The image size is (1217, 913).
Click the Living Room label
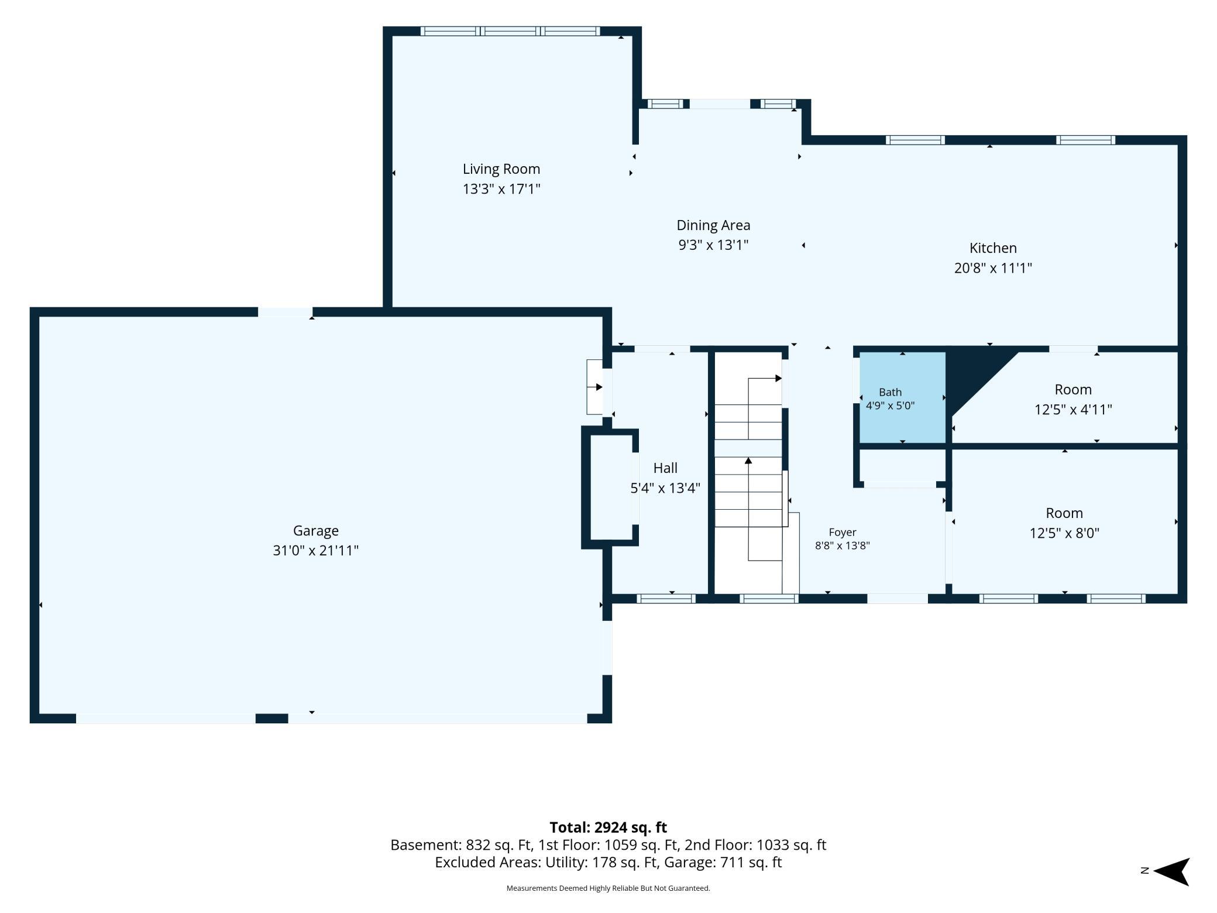[x=501, y=169]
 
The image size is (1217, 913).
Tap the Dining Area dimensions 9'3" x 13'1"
[x=713, y=245]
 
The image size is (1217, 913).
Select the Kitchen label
[x=993, y=248]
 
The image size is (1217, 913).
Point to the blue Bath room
[x=902, y=397]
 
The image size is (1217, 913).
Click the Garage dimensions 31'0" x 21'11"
[x=315, y=550]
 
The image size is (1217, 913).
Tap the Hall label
[x=665, y=468]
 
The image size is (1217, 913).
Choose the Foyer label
[x=843, y=532]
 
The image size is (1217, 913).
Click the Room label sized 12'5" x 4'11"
[x=1073, y=390]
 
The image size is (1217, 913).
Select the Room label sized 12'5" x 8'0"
[x=1064, y=513]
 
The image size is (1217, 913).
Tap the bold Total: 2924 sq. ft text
[x=608, y=827]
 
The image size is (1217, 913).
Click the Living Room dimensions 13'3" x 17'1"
[x=501, y=189]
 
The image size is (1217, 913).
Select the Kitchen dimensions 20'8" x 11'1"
[x=993, y=268]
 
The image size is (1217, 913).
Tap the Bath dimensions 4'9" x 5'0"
[x=890, y=405]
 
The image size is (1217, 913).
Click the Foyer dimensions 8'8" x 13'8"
[x=843, y=545]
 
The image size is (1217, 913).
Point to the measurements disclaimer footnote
[x=608, y=888]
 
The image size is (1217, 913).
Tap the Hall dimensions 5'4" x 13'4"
[x=665, y=488]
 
